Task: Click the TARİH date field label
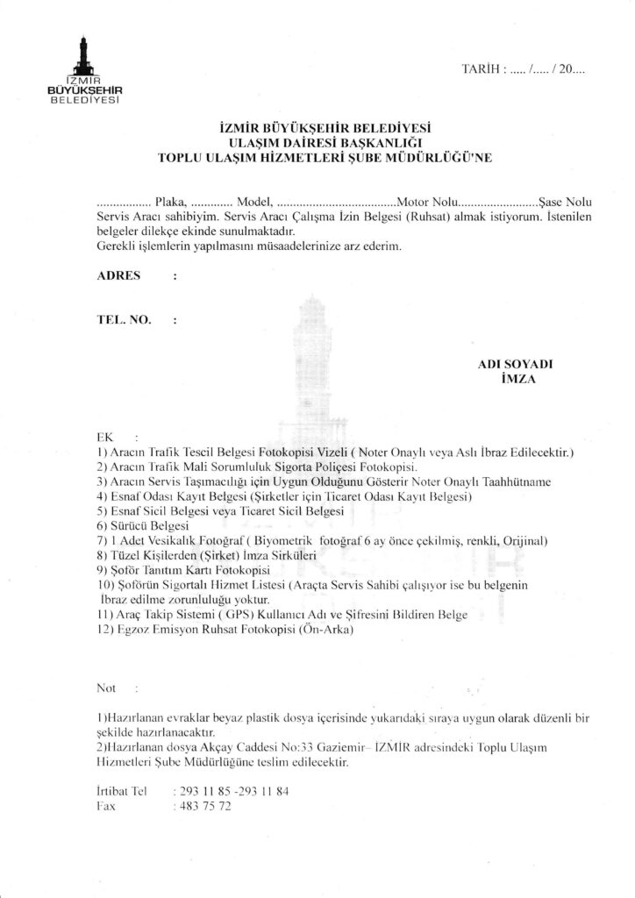(x=480, y=67)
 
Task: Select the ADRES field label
(x=117, y=274)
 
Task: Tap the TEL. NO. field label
(x=122, y=320)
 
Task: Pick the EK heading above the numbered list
(x=105, y=437)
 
